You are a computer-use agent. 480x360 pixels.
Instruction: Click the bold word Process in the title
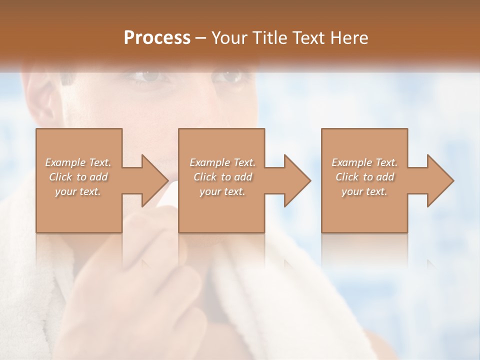point(157,38)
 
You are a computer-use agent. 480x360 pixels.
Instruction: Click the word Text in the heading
point(309,38)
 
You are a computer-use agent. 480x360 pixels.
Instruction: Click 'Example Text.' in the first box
point(78,162)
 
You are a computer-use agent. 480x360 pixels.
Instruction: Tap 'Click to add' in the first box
point(78,177)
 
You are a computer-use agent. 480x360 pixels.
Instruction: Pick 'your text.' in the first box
point(78,191)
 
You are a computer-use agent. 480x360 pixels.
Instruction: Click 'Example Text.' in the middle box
point(222,162)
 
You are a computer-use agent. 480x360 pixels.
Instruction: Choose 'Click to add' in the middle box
point(222,177)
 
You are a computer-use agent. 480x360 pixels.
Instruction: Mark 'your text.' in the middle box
point(222,191)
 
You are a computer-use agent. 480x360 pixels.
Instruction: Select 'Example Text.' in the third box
point(364,162)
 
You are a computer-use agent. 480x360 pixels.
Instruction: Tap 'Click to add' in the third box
point(364,177)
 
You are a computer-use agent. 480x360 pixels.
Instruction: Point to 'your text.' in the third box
point(364,191)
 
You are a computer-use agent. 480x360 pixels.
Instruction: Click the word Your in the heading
point(229,38)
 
